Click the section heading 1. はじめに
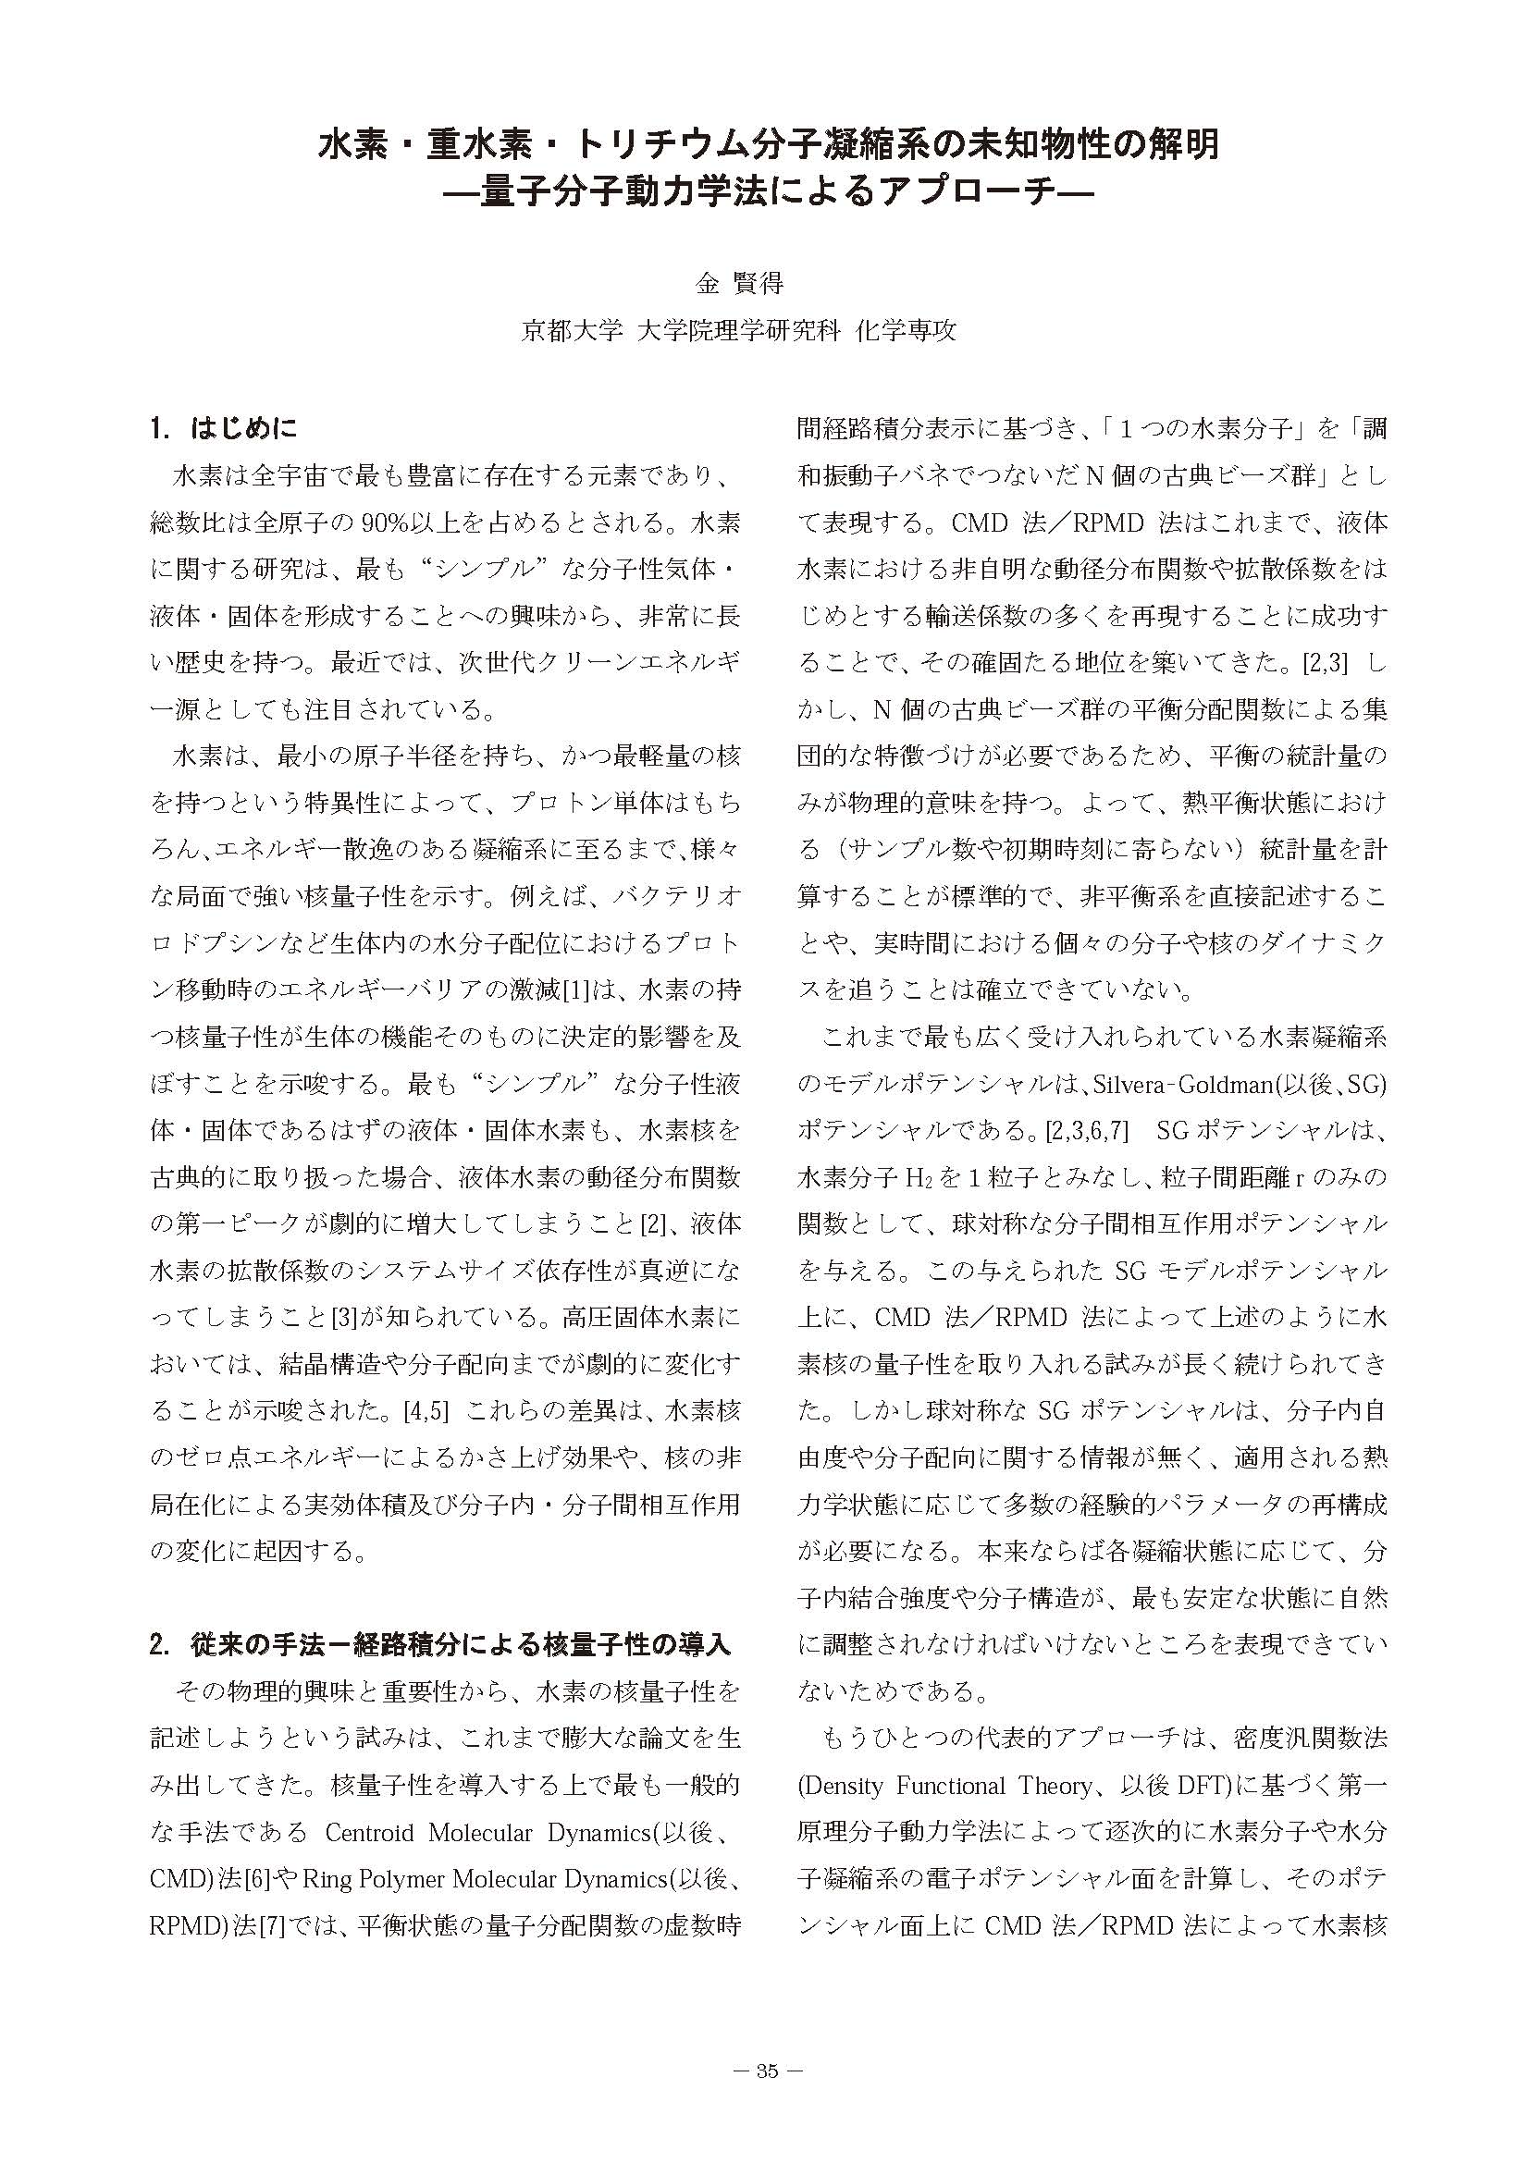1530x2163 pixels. click(x=223, y=430)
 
